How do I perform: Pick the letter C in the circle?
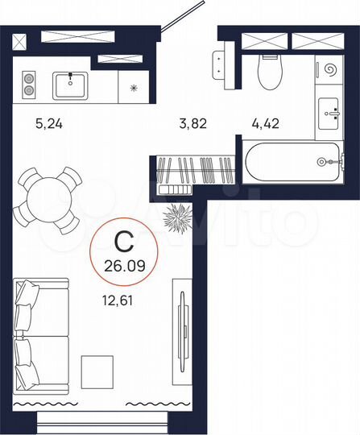(120, 240)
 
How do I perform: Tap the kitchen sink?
(75, 84)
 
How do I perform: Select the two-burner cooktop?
(30, 85)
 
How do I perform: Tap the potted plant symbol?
(176, 217)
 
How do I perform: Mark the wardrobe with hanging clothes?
(194, 171)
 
